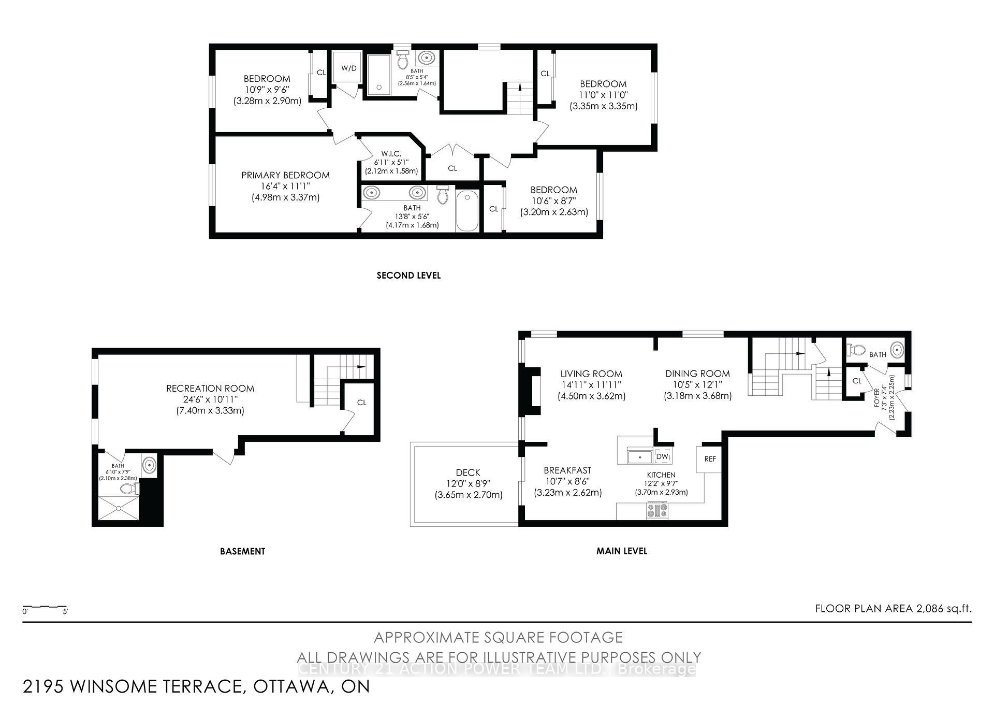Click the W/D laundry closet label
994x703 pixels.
coord(348,68)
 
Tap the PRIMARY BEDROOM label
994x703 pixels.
coord(285,175)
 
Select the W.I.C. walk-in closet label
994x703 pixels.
coord(391,154)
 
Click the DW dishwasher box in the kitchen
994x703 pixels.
coord(662,456)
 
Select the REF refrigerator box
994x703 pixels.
coord(709,459)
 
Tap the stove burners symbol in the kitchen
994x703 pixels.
coord(657,511)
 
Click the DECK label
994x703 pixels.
coord(468,472)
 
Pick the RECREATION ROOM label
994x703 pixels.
coord(210,388)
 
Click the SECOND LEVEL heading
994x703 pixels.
coord(408,276)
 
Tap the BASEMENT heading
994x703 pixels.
coord(242,551)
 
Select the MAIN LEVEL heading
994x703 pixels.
coord(621,551)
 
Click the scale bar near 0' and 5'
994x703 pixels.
coord(45,607)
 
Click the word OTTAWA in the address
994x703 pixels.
coord(290,686)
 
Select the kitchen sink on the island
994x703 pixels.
coord(640,457)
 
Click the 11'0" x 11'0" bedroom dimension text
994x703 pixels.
coord(603,95)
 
